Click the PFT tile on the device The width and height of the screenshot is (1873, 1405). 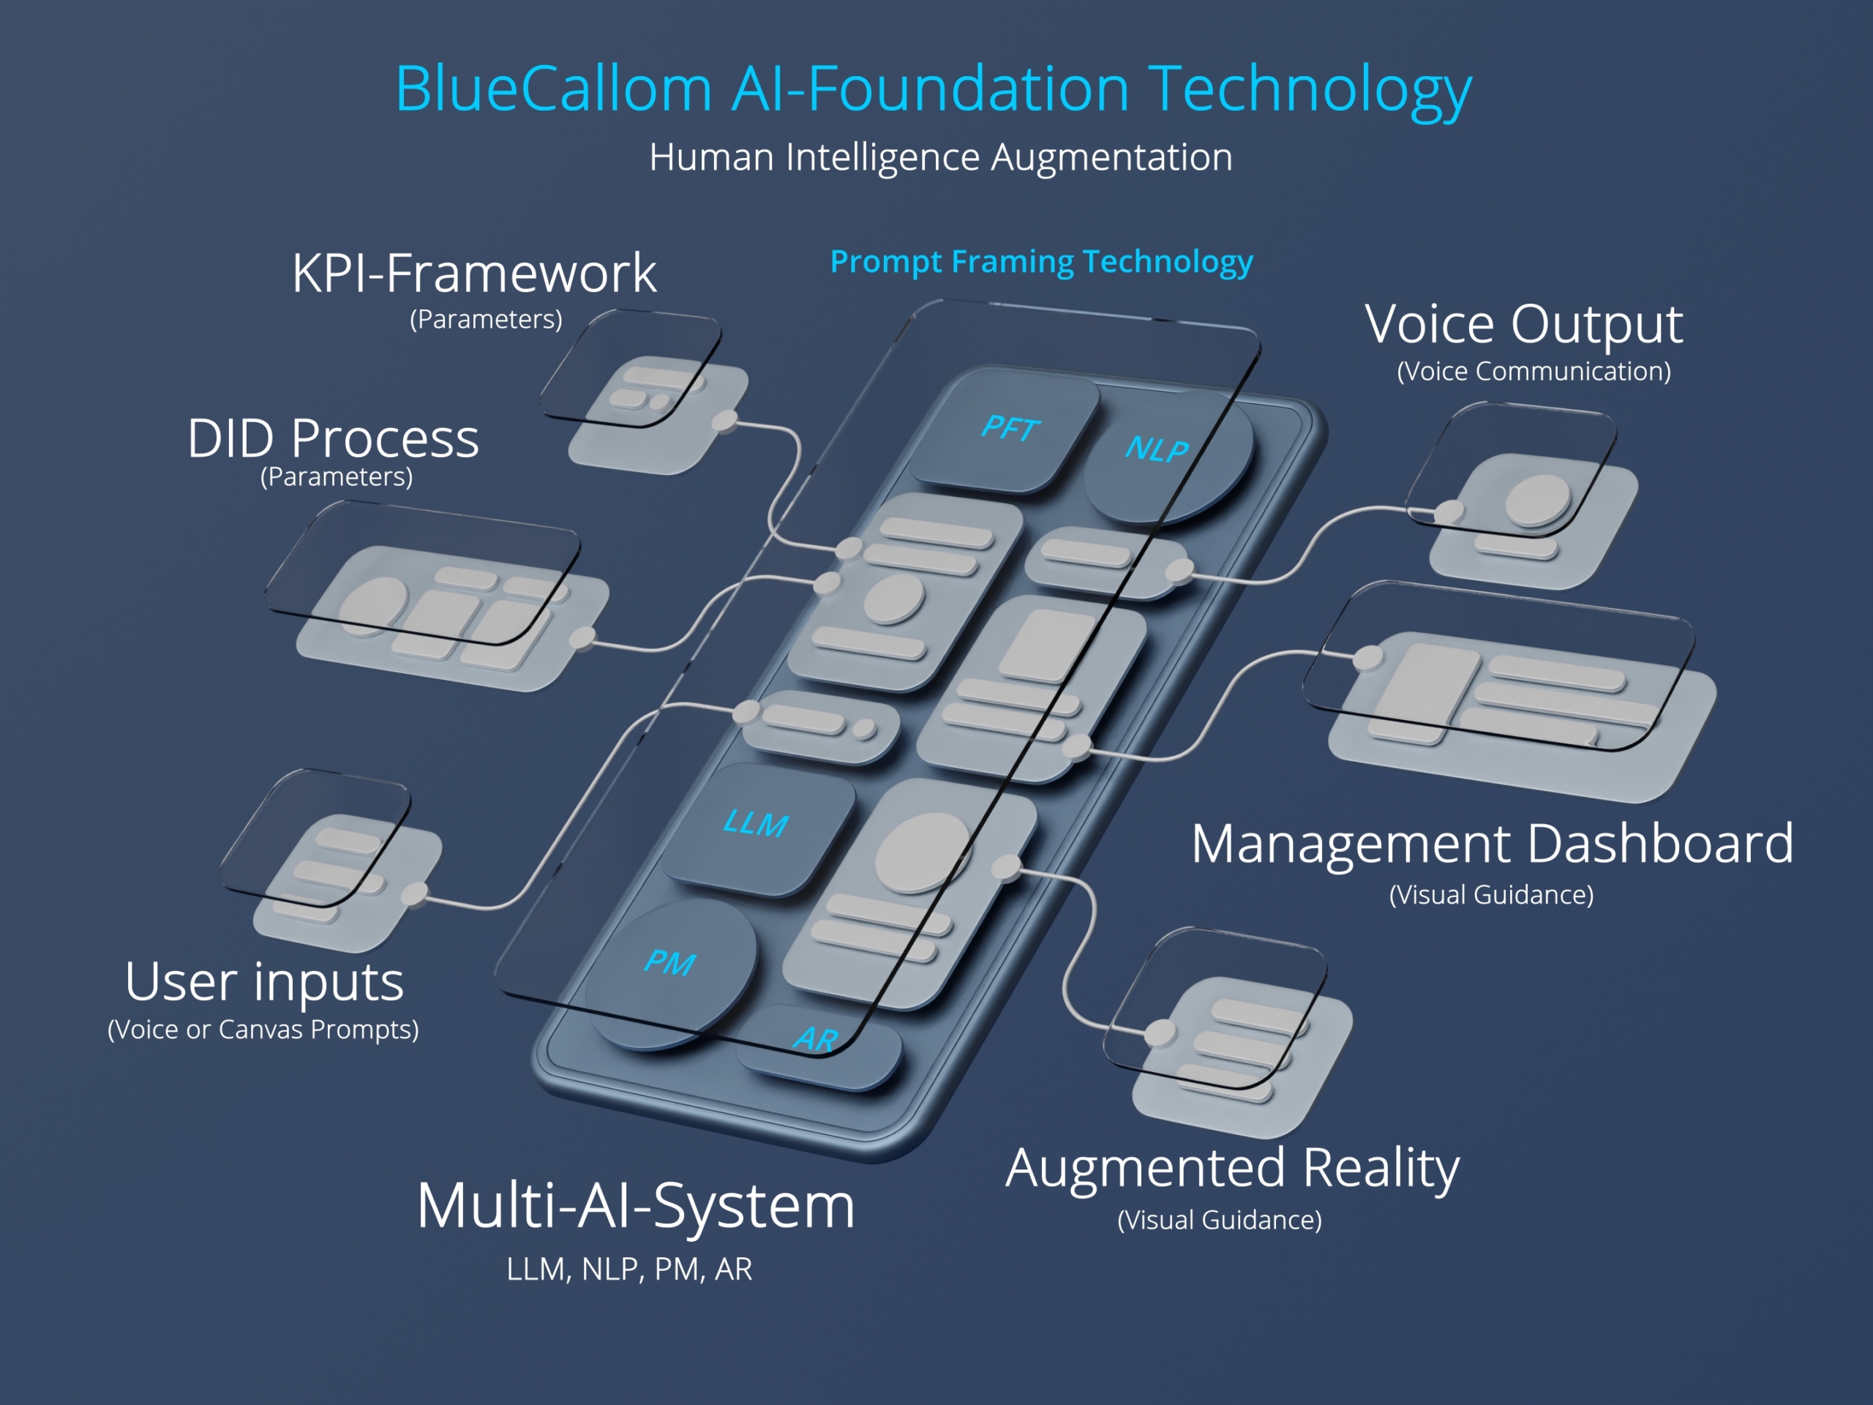click(1005, 430)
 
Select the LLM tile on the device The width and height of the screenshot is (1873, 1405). click(758, 828)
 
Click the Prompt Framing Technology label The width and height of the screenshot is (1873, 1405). click(1042, 262)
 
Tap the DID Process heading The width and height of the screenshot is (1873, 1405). click(334, 438)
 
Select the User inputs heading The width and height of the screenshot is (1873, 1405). click(264, 981)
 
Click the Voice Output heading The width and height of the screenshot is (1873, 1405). click(1524, 324)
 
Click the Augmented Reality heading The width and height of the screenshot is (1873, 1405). click(1233, 1169)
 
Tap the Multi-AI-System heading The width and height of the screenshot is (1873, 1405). click(636, 1206)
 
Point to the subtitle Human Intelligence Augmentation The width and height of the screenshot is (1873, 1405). click(941, 157)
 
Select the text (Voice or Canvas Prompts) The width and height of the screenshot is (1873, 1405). click(263, 1030)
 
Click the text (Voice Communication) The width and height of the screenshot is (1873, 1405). click(1534, 371)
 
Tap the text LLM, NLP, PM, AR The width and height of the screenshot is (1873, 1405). click(629, 1270)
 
